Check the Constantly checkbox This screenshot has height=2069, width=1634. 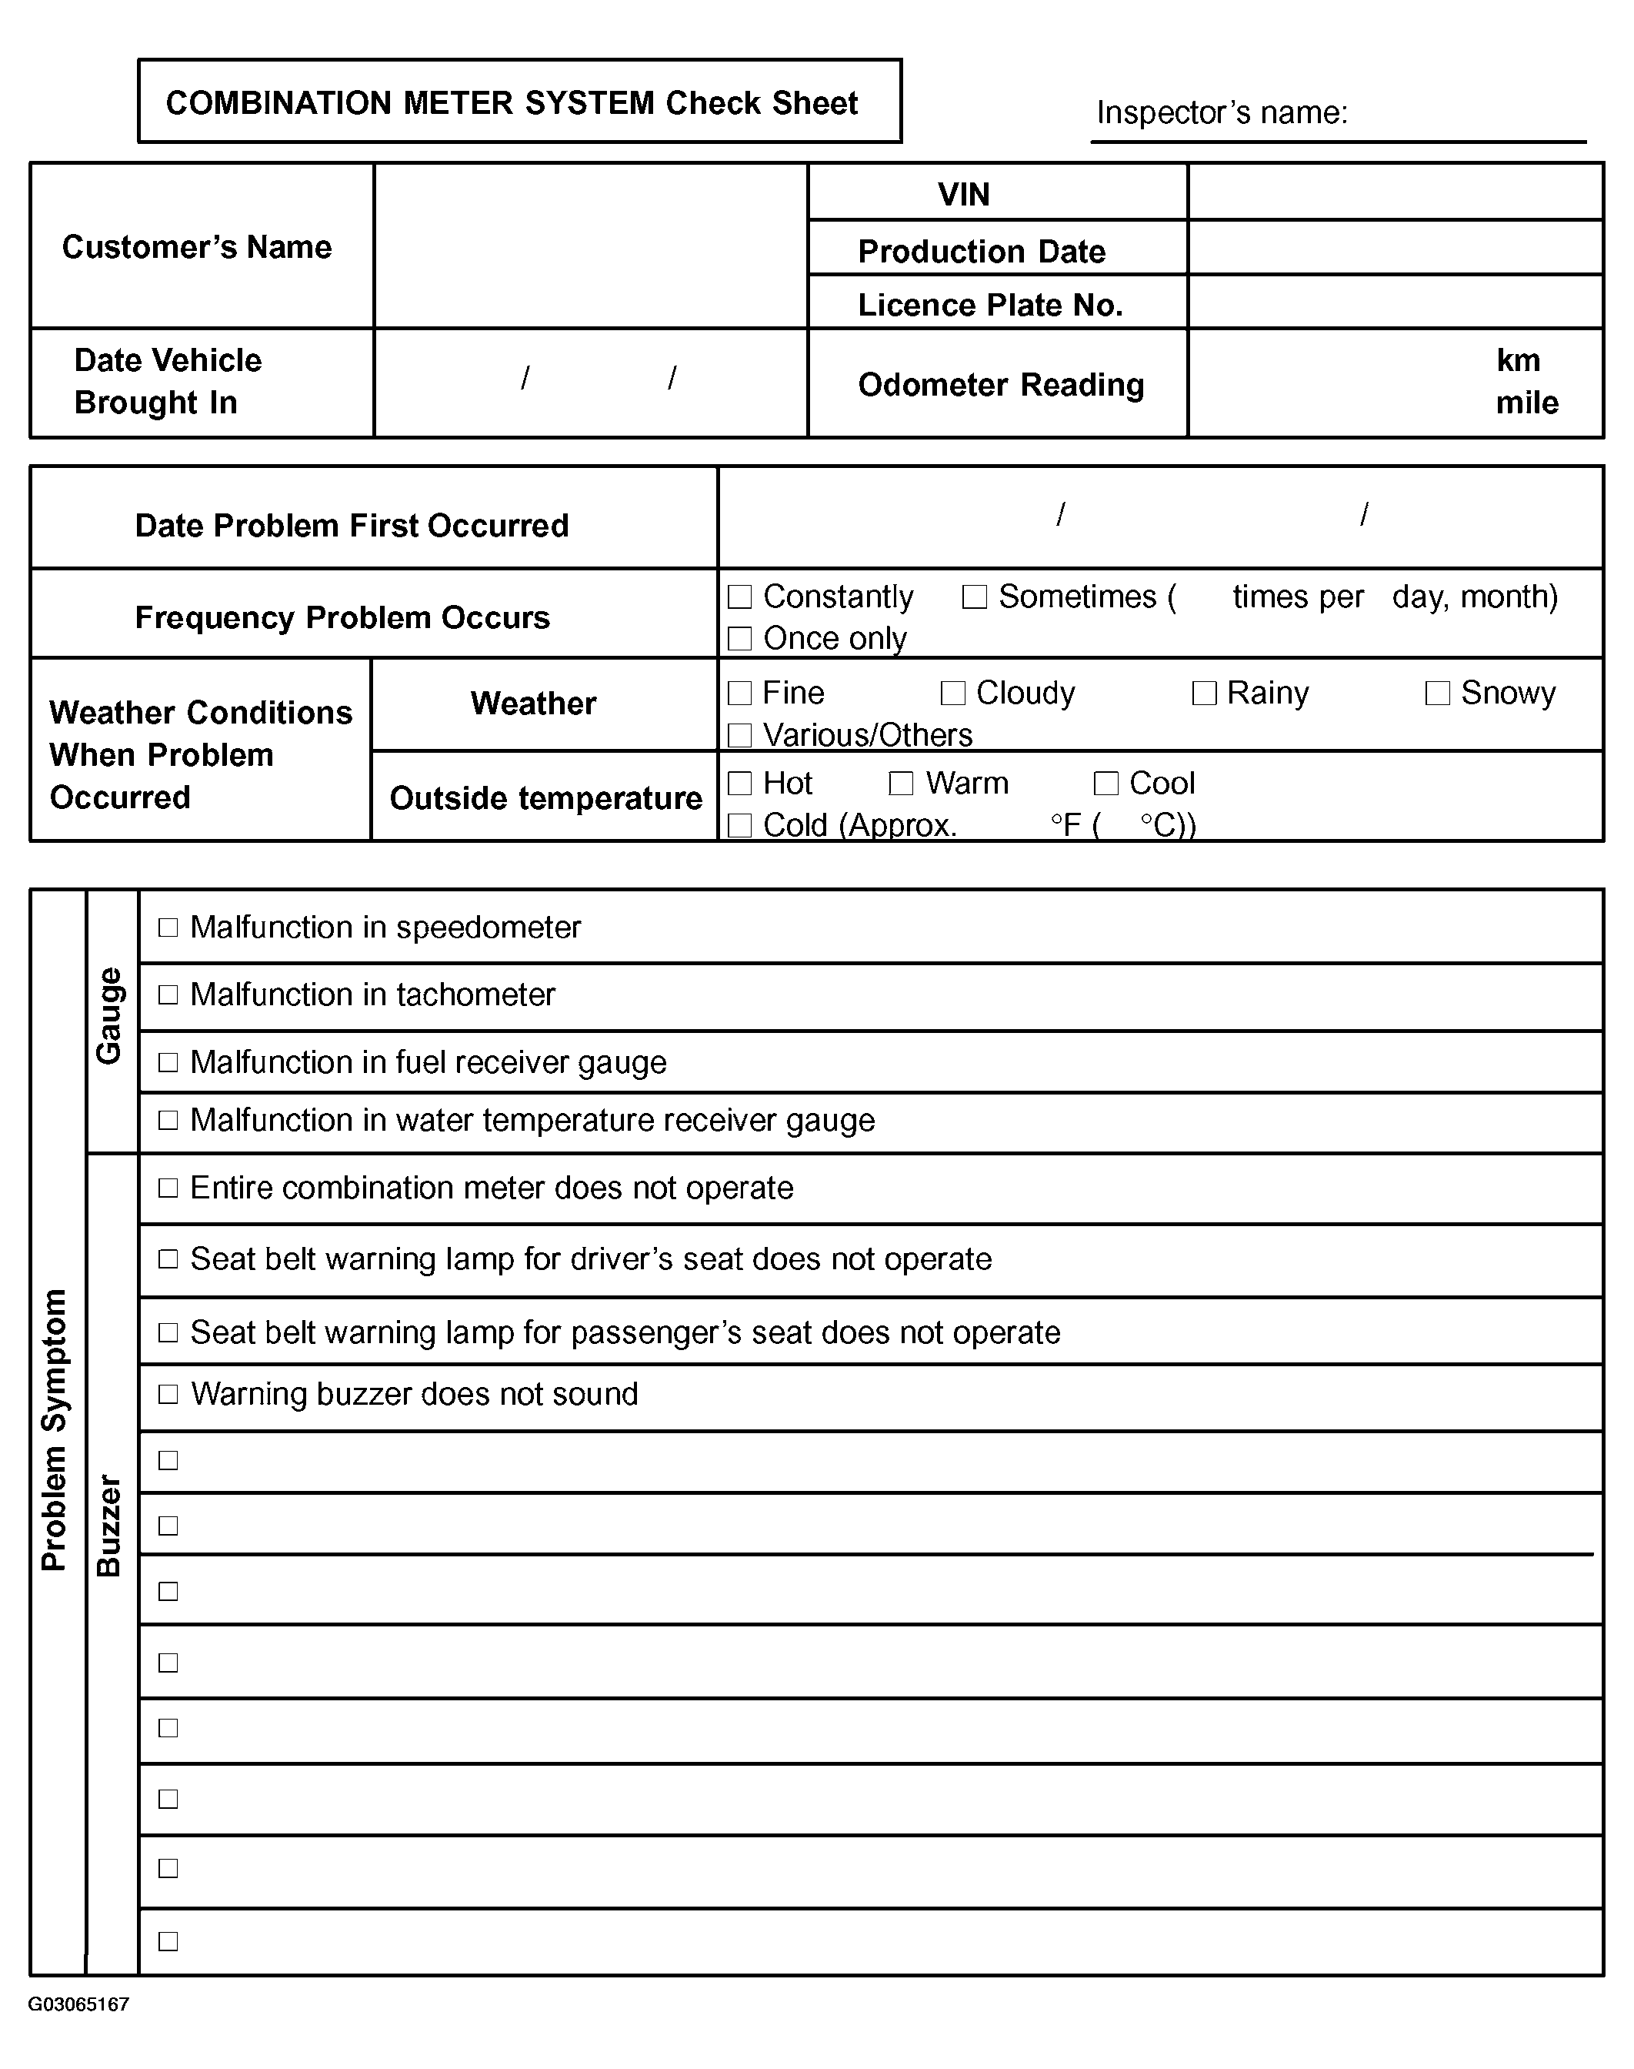739,597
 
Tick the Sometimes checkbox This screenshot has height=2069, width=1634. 974,597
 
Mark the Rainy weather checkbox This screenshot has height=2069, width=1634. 1203,693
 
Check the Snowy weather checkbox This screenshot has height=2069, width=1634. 1437,693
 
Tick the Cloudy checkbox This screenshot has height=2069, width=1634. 953,693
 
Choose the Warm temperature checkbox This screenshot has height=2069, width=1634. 901,784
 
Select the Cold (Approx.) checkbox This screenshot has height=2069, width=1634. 739,825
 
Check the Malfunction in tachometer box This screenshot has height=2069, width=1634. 168,995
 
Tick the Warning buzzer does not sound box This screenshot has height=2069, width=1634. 168,1394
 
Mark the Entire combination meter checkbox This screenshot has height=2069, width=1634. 168,1188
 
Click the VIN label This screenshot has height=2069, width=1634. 963,194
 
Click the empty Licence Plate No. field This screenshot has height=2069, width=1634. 1395,302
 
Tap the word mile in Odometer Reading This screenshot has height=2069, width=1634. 1527,403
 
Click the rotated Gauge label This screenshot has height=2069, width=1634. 109,1015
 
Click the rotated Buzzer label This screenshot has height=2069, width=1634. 109,1526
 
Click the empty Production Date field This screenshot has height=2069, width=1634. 1395,248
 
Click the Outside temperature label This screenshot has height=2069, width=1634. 545,798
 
